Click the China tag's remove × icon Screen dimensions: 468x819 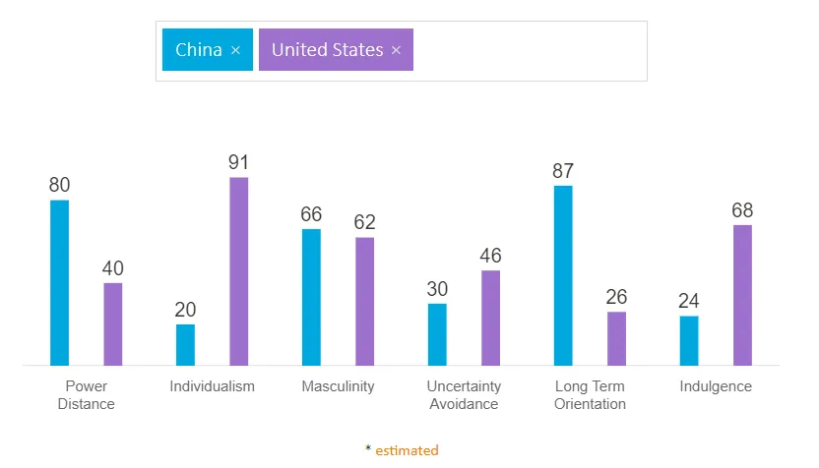[x=235, y=50]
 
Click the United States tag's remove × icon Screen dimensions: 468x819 [x=396, y=50]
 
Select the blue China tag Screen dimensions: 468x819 [x=198, y=50]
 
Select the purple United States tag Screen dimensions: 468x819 [x=327, y=50]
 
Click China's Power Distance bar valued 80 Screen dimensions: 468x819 [x=59, y=282]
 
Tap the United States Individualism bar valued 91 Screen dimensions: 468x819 [x=239, y=271]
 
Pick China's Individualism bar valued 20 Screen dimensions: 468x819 [x=185, y=344]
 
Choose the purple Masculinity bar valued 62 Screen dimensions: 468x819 [x=364, y=301]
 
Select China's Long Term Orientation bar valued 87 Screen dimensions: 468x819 [x=563, y=275]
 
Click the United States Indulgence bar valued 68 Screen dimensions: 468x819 [x=742, y=295]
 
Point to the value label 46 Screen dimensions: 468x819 [x=490, y=256]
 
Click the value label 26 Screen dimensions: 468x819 [x=616, y=297]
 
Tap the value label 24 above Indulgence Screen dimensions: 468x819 [x=689, y=301]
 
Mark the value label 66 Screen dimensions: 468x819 [x=311, y=214]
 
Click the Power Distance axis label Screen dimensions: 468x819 [x=87, y=395]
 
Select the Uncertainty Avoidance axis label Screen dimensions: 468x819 [x=464, y=395]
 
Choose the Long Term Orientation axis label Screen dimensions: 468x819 [x=590, y=395]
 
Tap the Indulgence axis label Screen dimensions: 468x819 [x=716, y=386]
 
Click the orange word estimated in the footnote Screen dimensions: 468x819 [x=407, y=450]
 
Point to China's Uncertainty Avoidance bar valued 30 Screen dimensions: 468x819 [x=437, y=334]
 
